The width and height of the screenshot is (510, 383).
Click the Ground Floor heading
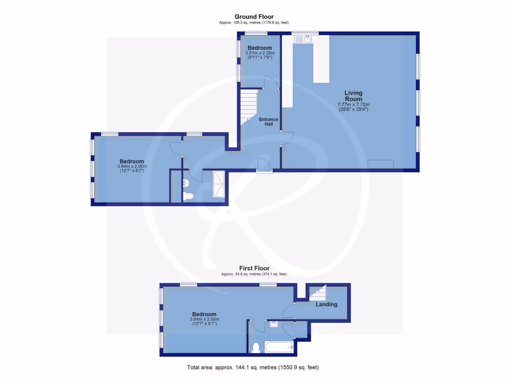[x=254, y=16]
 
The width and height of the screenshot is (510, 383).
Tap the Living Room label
[x=354, y=96]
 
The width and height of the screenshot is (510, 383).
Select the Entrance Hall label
[x=268, y=122]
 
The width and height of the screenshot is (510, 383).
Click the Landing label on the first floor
[x=327, y=304]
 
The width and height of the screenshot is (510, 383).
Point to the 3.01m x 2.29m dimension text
[x=259, y=53]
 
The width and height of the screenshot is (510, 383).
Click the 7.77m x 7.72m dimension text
[x=354, y=105]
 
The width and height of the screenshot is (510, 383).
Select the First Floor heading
[x=254, y=268]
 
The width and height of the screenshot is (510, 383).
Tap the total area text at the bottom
[x=253, y=368]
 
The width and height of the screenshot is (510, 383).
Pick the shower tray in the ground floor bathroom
[x=219, y=184]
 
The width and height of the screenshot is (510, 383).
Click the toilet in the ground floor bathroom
[x=188, y=195]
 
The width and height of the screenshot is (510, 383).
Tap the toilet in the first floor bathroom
[x=256, y=347]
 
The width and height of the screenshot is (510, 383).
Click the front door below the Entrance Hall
[x=264, y=166]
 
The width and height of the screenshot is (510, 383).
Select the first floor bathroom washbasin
[x=274, y=325]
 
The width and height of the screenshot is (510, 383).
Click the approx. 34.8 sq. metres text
[x=254, y=274]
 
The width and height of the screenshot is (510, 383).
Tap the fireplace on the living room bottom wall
[x=381, y=164]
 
